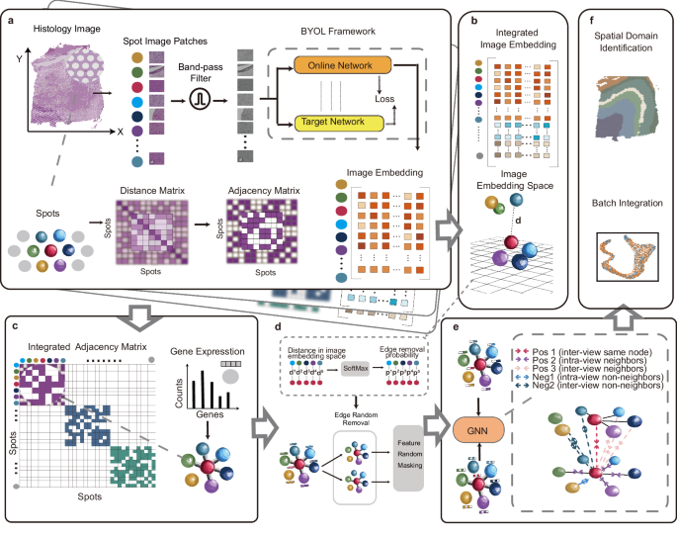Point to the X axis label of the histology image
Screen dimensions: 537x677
(x=121, y=131)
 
